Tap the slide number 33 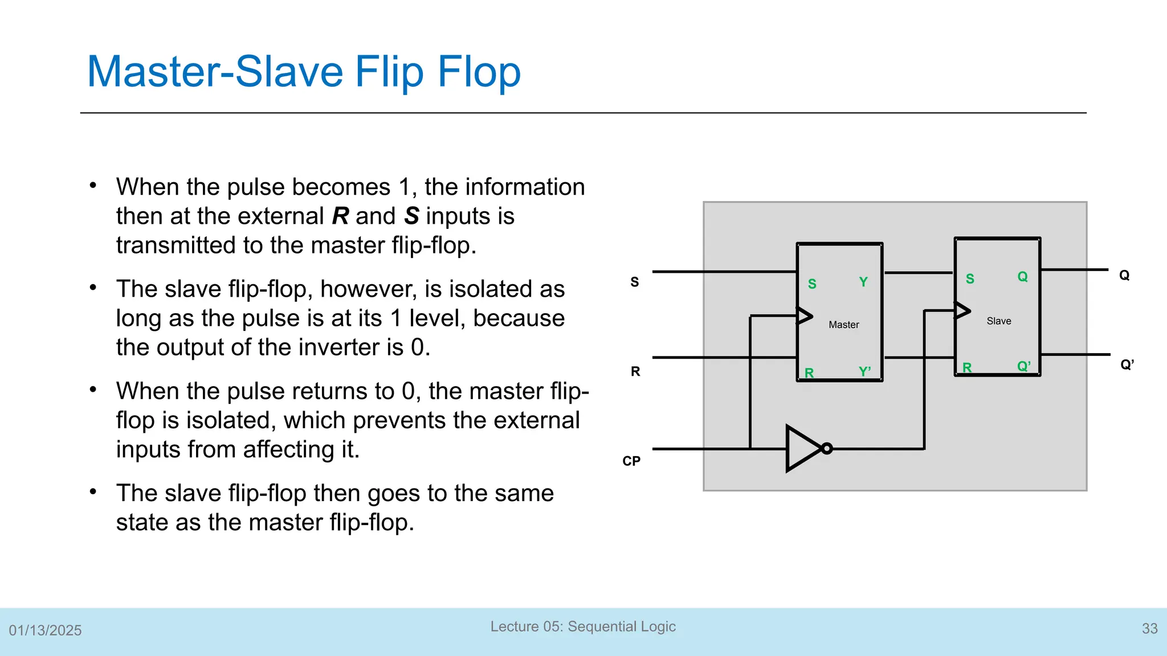[1149, 629]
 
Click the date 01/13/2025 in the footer [45, 630]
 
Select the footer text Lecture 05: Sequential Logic [583, 626]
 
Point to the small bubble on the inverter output [827, 449]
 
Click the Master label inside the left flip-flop [843, 325]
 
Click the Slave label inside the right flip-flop [998, 321]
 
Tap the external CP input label [631, 461]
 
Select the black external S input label [635, 282]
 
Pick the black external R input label [635, 371]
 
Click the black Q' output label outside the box [1127, 364]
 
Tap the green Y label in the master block [863, 282]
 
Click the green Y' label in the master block [864, 372]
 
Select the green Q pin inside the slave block [1022, 277]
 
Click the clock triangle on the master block [804, 315]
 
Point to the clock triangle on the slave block [962, 310]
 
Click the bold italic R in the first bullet [340, 216]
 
